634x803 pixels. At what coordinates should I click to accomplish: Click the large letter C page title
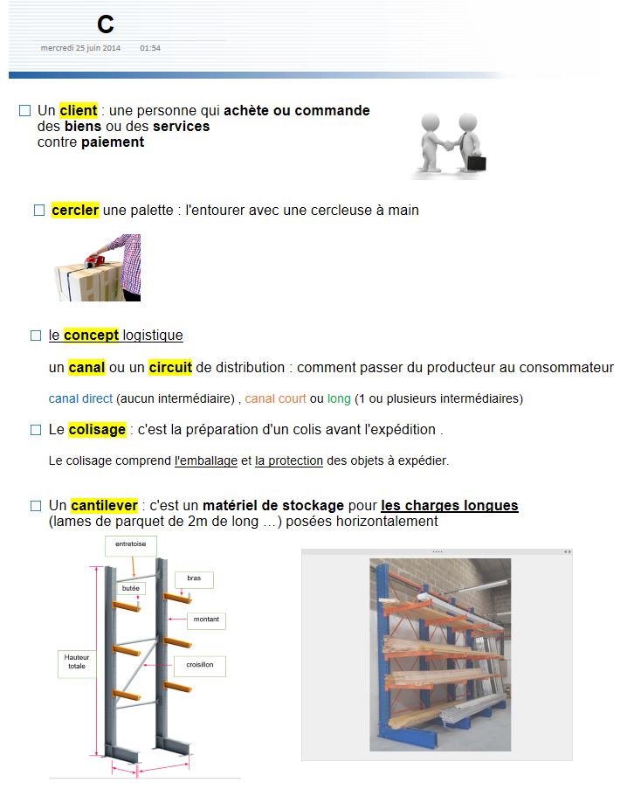coord(106,24)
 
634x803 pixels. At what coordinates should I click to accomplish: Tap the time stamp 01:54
coord(150,48)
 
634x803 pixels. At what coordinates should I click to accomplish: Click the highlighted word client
coord(79,111)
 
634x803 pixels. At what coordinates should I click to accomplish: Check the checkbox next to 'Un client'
coord(24,111)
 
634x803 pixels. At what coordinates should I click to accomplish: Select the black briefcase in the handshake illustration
coord(477,163)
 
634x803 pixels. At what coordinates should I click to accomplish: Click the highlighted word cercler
coord(75,210)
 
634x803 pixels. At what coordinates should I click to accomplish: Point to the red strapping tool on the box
coord(97,261)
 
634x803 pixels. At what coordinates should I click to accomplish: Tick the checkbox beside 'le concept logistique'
coord(36,336)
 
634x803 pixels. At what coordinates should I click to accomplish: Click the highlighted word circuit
coord(170,367)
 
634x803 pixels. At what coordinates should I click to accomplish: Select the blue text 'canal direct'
coord(80,398)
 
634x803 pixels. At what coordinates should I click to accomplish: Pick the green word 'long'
coord(339,399)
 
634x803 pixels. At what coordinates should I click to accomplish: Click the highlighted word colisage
coord(97,429)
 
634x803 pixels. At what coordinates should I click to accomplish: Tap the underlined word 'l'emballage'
coord(206,460)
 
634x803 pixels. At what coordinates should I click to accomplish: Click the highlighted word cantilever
coord(105,505)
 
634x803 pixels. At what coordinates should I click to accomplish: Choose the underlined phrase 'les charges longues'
coord(449,505)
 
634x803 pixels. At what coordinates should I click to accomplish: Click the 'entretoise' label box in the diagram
coord(130,545)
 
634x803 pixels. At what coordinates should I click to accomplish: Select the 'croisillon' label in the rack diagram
coord(200,666)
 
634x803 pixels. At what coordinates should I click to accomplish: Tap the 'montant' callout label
coord(206,620)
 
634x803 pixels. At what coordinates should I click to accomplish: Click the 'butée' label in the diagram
coord(130,588)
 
